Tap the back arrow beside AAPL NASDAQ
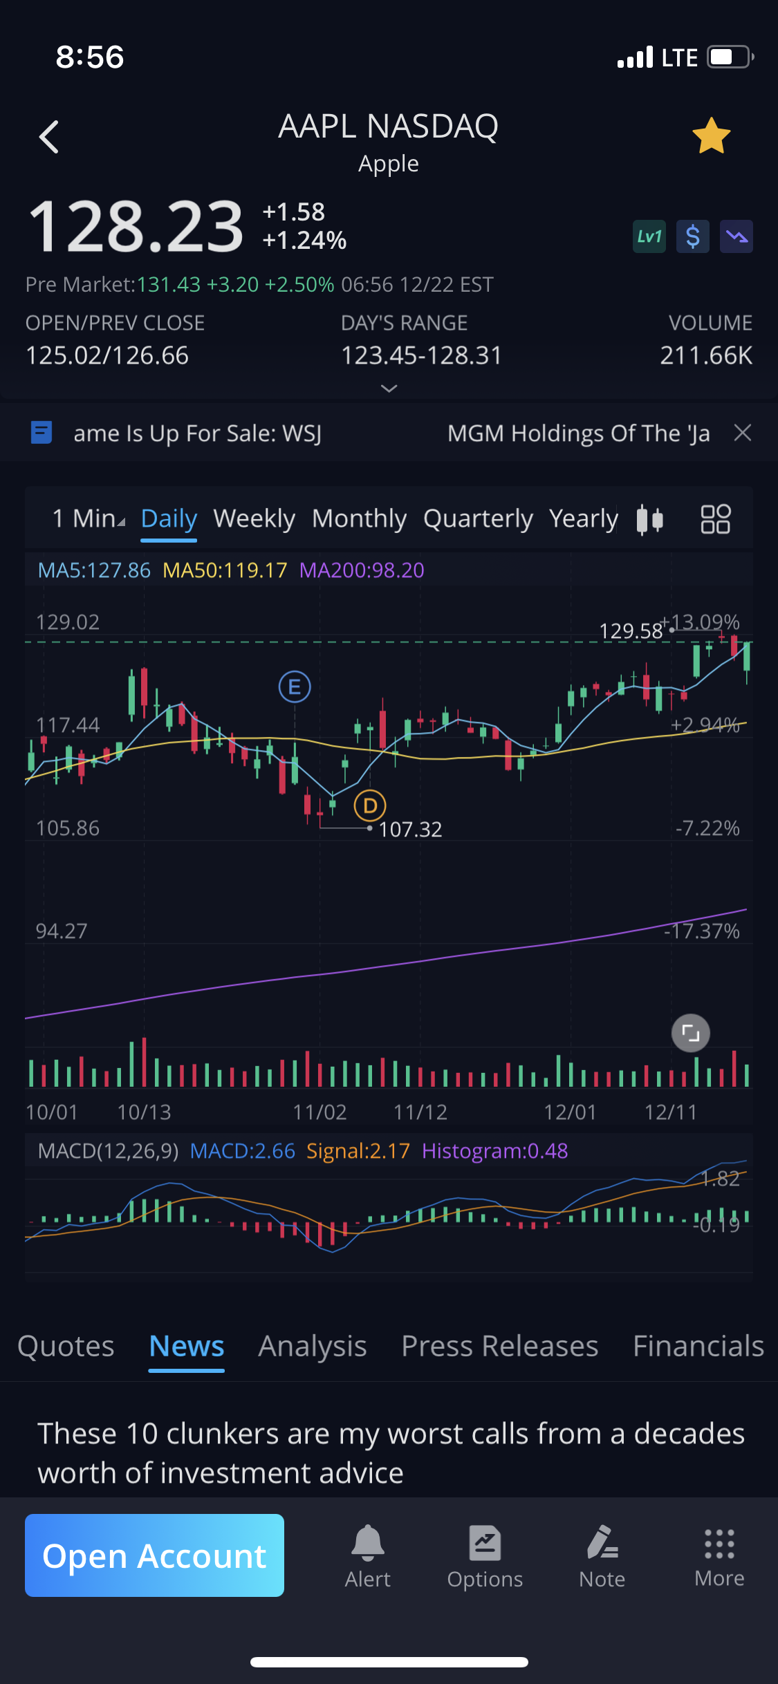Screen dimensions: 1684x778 (x=49, y=137)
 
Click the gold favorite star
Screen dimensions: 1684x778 (x=711, y=135)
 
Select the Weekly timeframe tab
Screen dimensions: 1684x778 (x=254, y=518)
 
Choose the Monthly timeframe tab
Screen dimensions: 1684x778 (x=359, y=518)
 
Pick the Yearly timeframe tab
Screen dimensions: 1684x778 (x=583, y=518)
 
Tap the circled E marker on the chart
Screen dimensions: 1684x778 (x=295, y=687)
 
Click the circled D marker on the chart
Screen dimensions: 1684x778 (x=370, y=805)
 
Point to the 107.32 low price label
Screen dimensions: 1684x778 (x=410, y=829)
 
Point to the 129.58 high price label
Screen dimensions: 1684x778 (x=631, y=630)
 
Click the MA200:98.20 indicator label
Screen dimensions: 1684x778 (x=362, y=570)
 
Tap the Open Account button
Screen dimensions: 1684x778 (x=154, y=1555)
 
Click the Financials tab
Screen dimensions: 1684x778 (x=698, y=1346)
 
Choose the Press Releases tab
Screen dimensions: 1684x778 (x=499, y=1346)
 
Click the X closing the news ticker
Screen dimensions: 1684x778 (x=743, y=433)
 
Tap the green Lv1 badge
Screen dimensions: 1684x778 (x=649, y=237)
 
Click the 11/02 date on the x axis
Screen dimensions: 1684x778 (x=319, y=1112)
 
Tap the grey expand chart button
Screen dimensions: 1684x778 (x=690, y=1033)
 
